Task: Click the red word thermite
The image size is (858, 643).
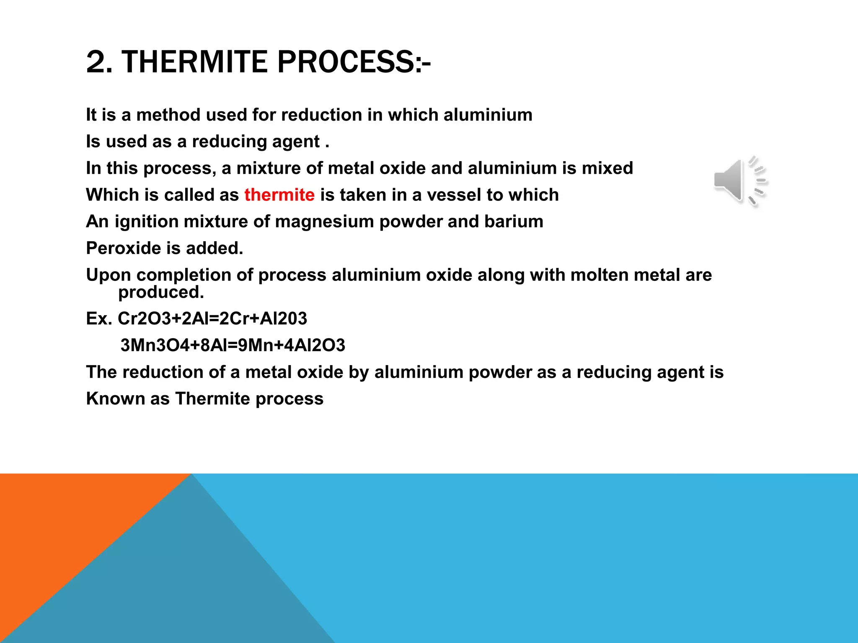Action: (279, 195)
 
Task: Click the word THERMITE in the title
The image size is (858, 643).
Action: (194, 62)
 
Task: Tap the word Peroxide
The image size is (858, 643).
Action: (122, 248)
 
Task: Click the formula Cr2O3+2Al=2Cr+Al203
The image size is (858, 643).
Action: (212, 319)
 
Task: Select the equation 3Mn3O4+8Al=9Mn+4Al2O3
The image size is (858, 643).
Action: (233, 345)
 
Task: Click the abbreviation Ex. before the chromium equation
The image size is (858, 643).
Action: (99, 319)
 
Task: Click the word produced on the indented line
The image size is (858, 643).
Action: (160, 292)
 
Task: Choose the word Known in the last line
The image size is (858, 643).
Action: (115, 399)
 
